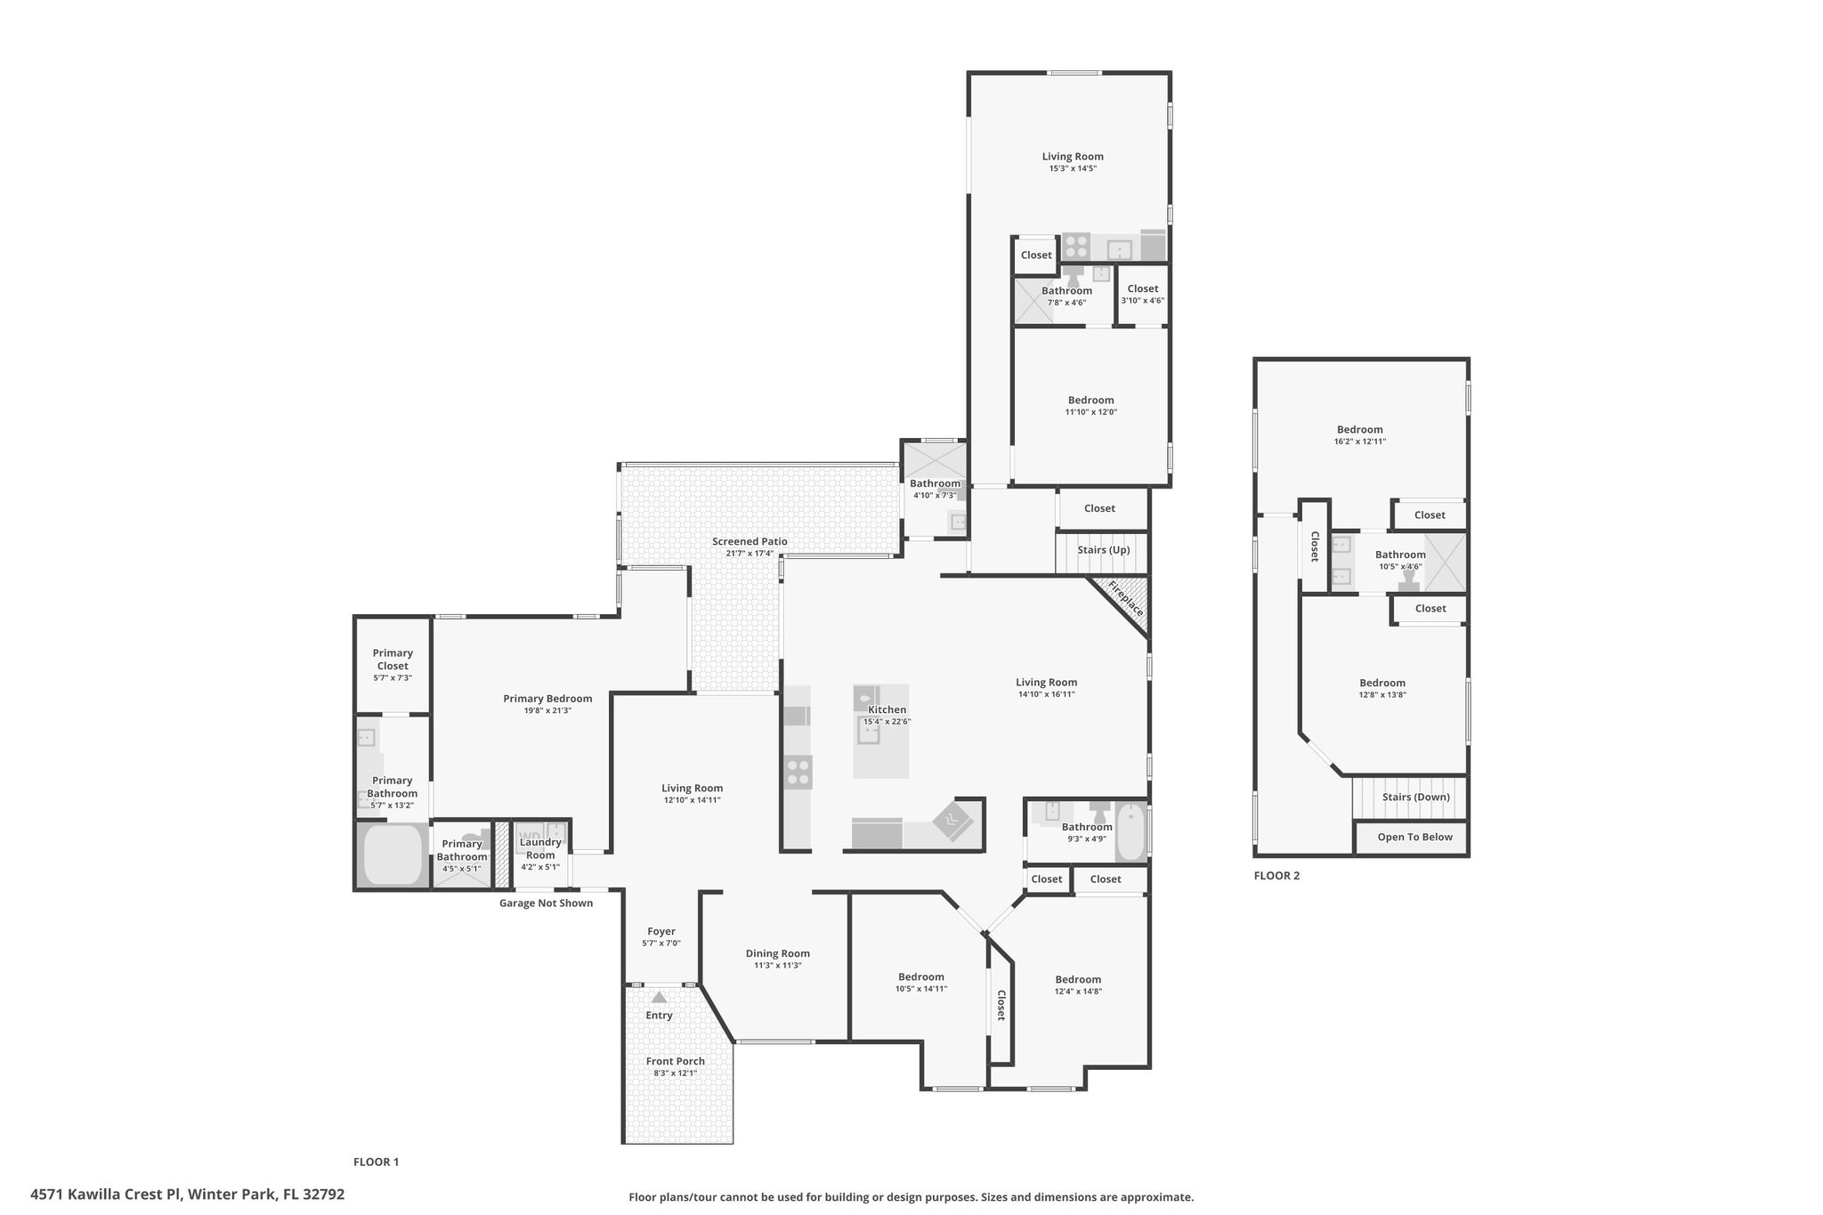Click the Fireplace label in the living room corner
coord(1126,599)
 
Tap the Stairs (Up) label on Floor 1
coord(1104,550)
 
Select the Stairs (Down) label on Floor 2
coord(1416,797)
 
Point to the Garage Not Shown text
coord(546,903)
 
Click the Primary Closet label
coord(393,660)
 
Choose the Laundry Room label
coord(540,848)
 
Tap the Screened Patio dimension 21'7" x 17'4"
coord(749,554)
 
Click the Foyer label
coord(661,932)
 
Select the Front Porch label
coord(676,1061)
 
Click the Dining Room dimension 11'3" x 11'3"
coord(778,966)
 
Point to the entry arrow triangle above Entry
coord(659,998)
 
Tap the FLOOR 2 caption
coord(1276,876)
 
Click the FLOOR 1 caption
coord(377,1162)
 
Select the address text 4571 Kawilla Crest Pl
coord(106,1195)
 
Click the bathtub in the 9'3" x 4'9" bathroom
coord(1130,831)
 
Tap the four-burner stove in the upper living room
coord(1076,247)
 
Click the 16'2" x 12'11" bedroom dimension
coord(1360,441)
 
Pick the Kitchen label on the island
coord(887,709)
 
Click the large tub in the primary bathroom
coord(393,855)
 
